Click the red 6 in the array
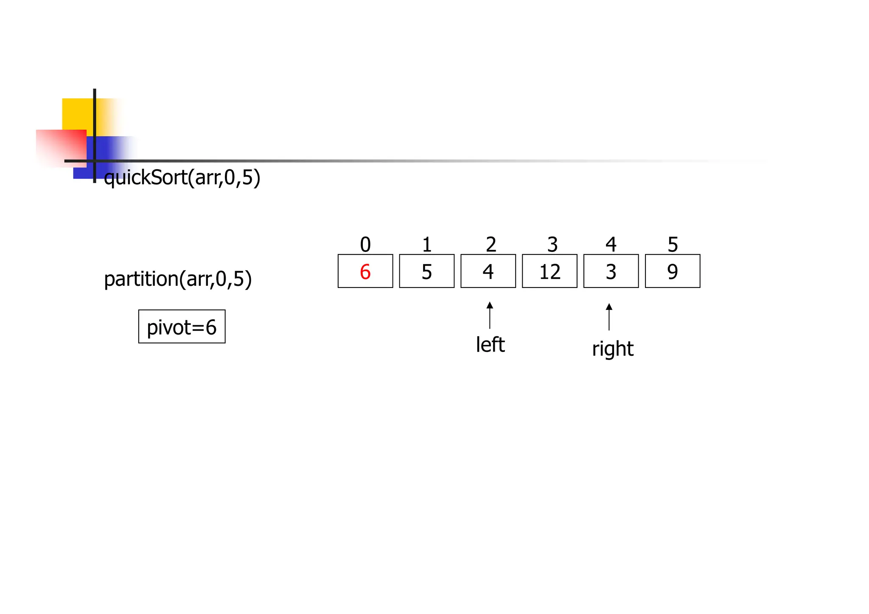point(365,272)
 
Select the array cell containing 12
point(549,272)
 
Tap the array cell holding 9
point(673,272)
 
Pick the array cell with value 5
point(426,272)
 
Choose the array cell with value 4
point(488,272)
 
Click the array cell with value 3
point(611,272)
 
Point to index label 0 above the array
point(365,245)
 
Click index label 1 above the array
point(427,245)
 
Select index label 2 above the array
point(491,245)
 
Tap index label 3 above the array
point(552,245)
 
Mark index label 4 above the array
point(611,245)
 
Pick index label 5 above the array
point(673,245)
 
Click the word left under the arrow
point(490,345)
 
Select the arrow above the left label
point(490,315)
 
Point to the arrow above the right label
point(609,317)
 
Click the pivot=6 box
point(182,327)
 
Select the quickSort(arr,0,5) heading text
point(182,177)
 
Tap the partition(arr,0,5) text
point(178,279)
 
